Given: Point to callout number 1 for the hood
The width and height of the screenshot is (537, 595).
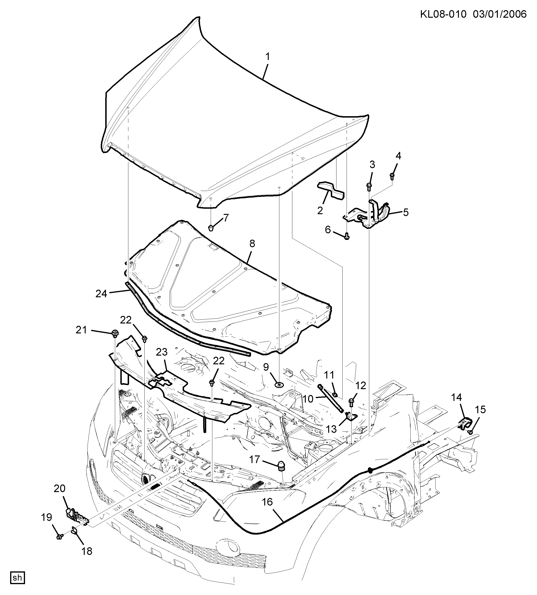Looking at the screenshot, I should pyautogui.click(x=268, y=56).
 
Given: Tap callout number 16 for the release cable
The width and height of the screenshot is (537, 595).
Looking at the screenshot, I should pyautogui.click(x=268, y=502).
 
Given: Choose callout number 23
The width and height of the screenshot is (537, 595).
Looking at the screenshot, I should pyautogui.click(x=162, y=352).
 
